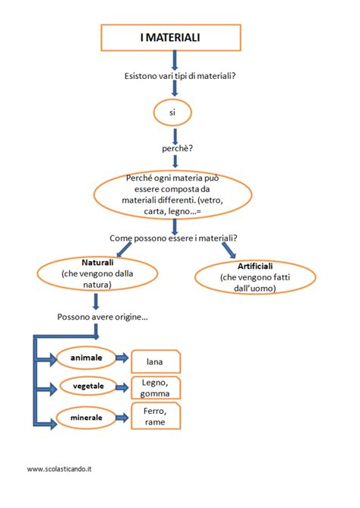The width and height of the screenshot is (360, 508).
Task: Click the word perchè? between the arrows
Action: pos(177,148)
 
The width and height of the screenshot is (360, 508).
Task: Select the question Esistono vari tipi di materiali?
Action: pos(180,76)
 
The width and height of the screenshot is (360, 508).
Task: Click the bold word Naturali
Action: pos(97,262)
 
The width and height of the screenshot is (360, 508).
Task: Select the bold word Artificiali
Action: pos(255,266)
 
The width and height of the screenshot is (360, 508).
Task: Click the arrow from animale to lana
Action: pos(122,358)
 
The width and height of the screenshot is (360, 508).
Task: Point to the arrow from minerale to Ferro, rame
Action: pos(122,418)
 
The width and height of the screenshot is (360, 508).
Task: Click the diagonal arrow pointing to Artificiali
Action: pos(229,250)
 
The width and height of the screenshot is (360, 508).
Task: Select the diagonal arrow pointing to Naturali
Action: pos(124,250)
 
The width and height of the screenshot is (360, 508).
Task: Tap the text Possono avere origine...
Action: pos(103,317)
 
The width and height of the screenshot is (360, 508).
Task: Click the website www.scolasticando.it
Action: pos(59,469)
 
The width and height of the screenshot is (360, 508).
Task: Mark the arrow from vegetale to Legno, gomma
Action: pos(122,387)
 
